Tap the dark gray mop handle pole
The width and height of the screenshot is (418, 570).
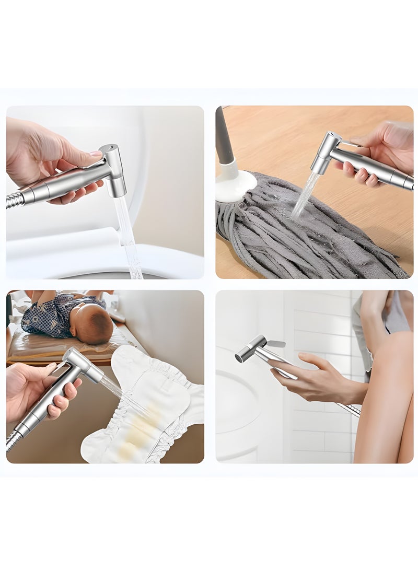pos(222,136)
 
